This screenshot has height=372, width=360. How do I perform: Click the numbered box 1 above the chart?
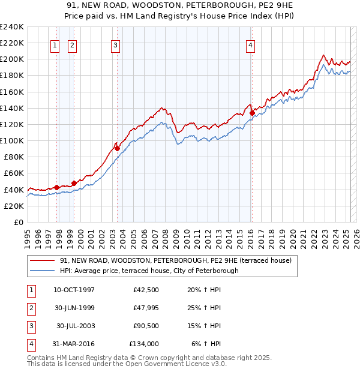click(55, 44)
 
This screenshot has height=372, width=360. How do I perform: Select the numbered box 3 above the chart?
click(115, 44)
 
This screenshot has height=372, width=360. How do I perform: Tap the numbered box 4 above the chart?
click(250, 44)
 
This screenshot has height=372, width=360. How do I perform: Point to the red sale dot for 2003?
click(117, 148)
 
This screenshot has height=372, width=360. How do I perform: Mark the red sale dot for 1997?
click(57, 187)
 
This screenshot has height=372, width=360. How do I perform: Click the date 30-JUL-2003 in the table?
click(76, 326)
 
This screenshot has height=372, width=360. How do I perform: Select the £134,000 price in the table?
click(144, 344)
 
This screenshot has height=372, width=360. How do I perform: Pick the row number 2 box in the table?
click(31, 308)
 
